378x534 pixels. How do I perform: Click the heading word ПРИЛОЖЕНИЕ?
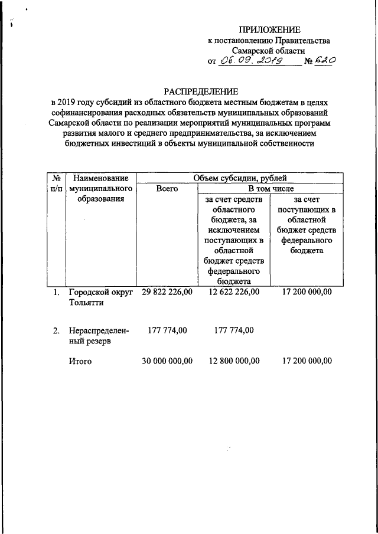[269, 30]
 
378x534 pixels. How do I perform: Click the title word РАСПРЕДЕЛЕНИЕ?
[200, 91]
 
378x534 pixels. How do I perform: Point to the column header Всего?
[167, 189]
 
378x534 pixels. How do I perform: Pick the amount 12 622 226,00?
[234, 293]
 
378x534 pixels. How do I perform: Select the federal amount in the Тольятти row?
[307, 293]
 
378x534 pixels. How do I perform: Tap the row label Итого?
[80, 361]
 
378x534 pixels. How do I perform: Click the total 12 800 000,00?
[234, 361]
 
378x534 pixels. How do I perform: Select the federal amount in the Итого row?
[307, 361]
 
